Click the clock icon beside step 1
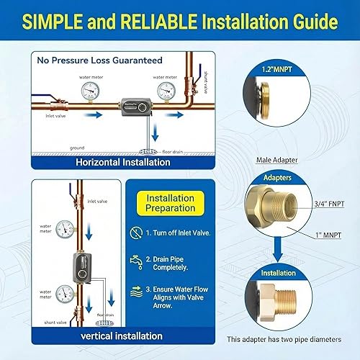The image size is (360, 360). click(136, 233)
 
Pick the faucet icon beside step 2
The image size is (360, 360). click(136, 261)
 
